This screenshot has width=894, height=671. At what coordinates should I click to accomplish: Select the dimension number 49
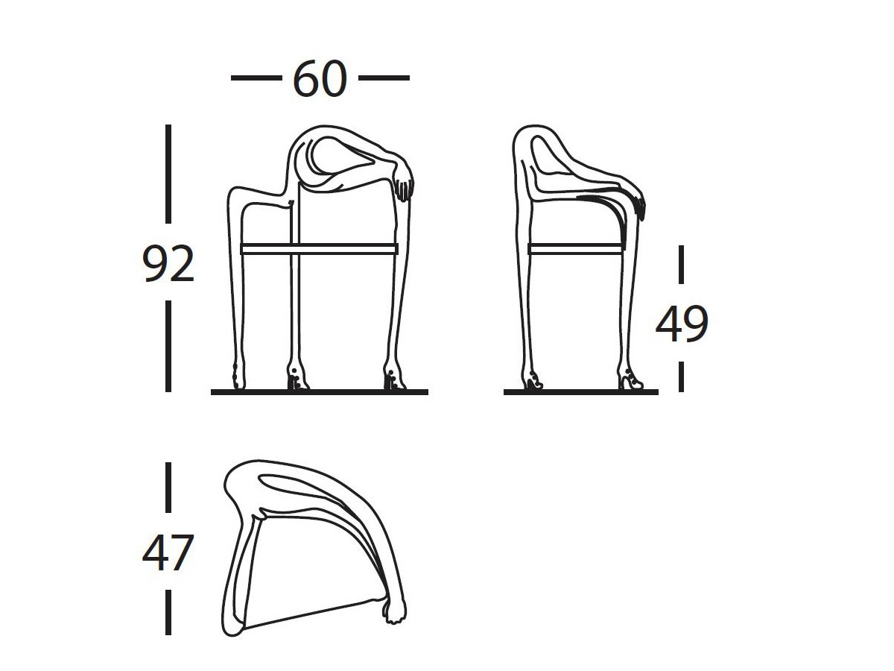pos(682,324)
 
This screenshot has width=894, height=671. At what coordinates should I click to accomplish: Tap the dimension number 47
pos(168,553)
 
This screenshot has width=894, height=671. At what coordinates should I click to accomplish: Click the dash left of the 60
pos(256,78)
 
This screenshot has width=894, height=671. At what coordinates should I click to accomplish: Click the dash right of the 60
pos(384,78)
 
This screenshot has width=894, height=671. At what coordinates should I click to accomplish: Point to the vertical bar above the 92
pos(168,174)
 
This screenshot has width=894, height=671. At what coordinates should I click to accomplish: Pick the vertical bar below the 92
pos(168,346)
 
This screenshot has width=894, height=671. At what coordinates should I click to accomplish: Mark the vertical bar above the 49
pos(681,265)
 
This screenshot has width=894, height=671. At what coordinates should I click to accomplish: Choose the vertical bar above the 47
pos(168,488)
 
